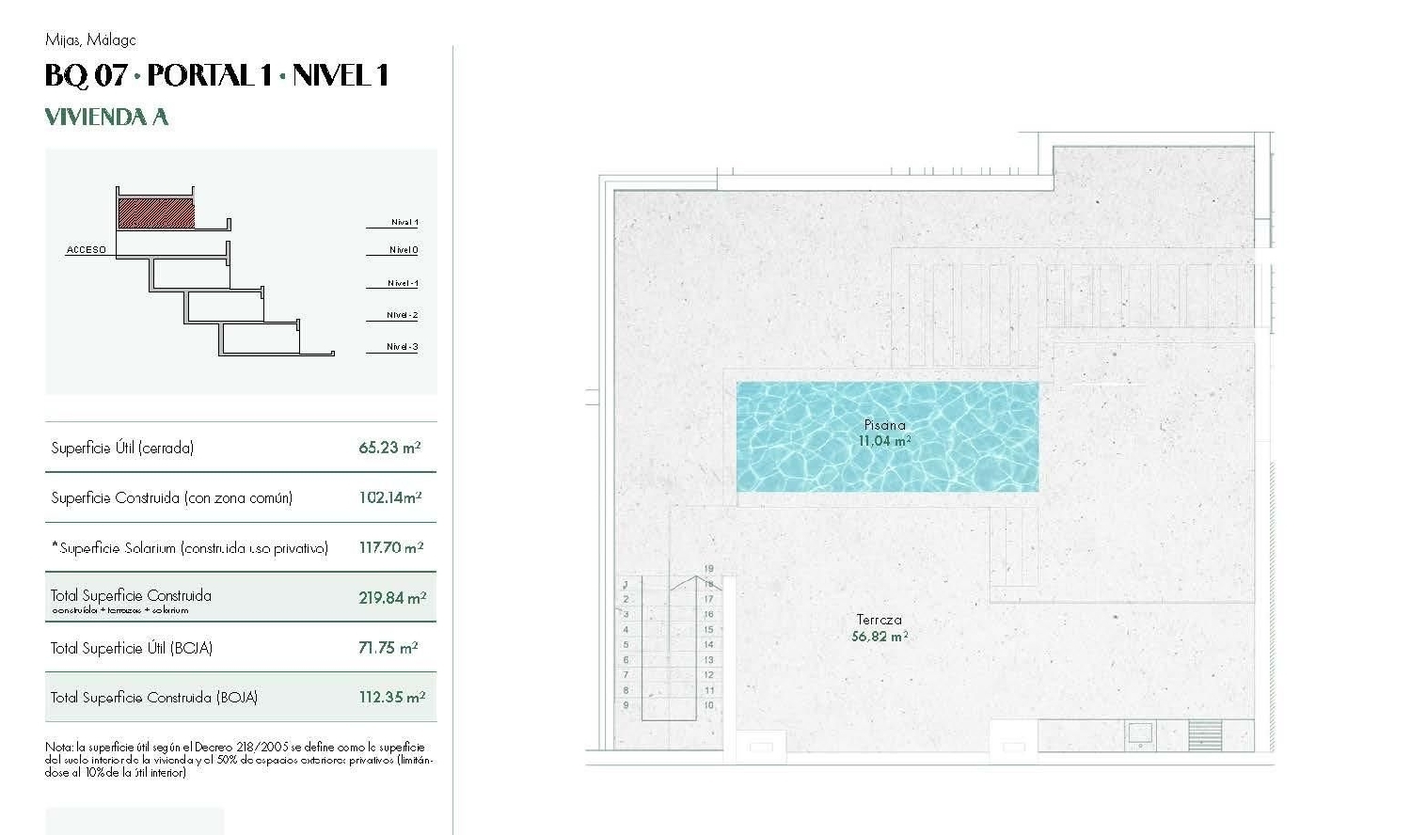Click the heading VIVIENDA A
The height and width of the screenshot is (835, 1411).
106,117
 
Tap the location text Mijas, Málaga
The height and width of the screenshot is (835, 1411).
90,39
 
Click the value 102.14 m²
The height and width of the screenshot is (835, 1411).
389,497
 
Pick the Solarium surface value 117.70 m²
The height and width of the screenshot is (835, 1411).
390,547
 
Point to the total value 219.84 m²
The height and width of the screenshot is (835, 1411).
391,597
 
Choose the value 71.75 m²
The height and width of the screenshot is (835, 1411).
388,648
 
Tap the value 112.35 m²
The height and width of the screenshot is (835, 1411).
391,697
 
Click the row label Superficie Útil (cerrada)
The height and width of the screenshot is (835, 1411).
122,448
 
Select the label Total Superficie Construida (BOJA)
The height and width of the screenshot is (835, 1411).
154,697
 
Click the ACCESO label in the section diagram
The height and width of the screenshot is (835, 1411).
87,250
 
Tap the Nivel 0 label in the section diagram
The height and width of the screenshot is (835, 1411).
404,250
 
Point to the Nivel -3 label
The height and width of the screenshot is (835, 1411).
403,347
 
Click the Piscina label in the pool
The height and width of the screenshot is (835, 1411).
884,425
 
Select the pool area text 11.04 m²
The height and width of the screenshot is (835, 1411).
884,440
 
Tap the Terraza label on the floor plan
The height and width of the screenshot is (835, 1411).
880,620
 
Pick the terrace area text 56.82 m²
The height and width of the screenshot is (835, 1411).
880,637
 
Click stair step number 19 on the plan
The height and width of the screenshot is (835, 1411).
708,569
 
